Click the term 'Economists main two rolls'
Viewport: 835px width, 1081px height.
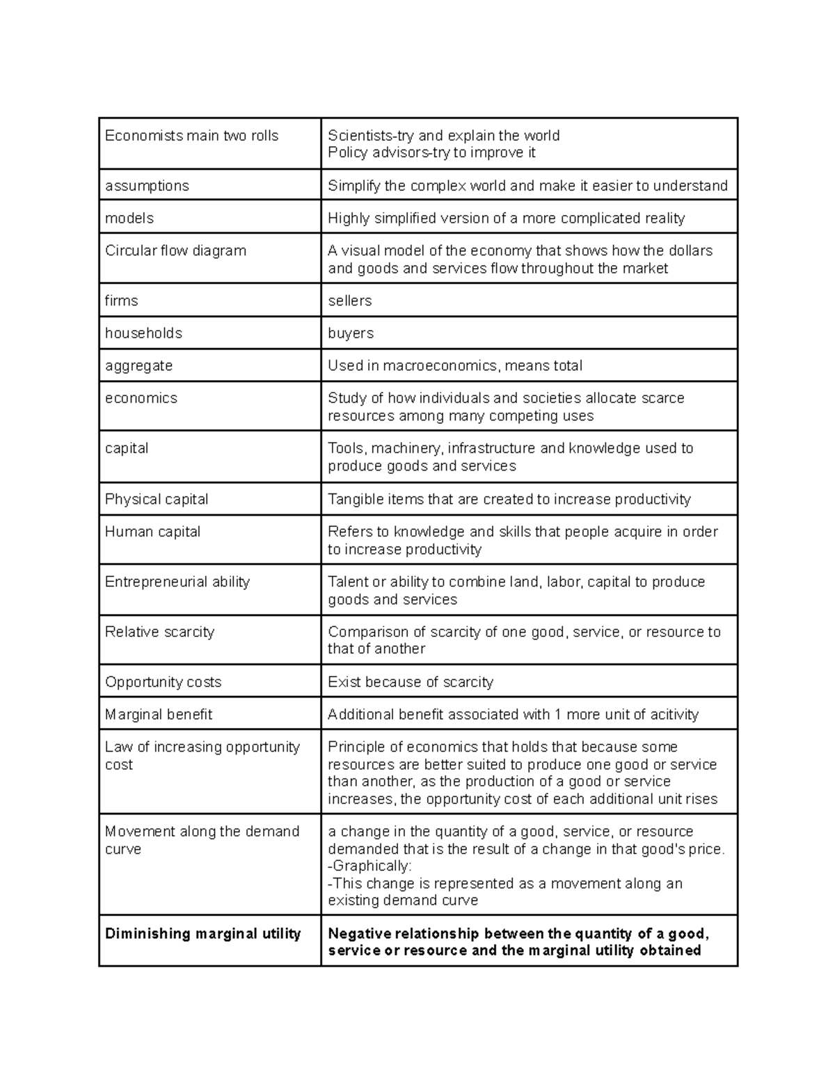(191, 136)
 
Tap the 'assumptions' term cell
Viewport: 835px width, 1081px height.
(147, 186)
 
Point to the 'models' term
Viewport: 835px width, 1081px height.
(129, 219)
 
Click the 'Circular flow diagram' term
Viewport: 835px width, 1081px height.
(175, 251)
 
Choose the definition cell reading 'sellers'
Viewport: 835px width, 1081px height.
(350, 301)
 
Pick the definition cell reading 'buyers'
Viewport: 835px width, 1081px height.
(351, 333)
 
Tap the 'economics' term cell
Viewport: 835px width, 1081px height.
(141, 398)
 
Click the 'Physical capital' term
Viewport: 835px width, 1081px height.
(157, 499)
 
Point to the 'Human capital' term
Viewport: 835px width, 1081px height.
(152, 532)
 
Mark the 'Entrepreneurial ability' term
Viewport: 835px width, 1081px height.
(177, 582)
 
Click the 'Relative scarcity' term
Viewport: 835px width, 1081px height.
(159, 632)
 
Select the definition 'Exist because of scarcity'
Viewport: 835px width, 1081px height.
(411, 682)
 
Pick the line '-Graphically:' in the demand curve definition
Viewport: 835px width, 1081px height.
(369, 866)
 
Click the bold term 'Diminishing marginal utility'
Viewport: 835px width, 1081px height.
(202, 934)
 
